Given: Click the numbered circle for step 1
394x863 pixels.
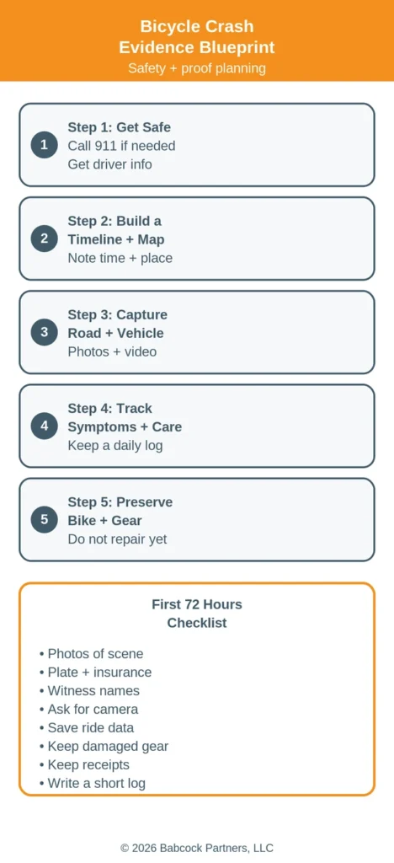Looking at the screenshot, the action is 44,145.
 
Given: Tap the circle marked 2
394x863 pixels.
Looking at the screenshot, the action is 44,239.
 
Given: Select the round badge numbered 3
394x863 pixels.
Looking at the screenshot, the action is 44,332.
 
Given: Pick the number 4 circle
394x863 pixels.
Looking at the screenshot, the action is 44,426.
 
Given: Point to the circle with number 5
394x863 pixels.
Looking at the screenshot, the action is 44,519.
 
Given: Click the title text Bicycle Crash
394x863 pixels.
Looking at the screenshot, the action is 197,26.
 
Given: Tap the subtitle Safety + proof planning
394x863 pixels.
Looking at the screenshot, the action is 197,68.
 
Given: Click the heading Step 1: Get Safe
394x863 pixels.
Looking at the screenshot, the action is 120,127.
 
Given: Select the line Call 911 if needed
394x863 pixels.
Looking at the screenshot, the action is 121,146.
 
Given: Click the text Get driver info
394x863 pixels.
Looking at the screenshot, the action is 110,164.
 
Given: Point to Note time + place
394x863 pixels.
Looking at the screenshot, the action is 120,258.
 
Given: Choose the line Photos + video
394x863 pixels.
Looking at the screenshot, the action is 112,351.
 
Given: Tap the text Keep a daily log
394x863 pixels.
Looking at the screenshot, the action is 115,445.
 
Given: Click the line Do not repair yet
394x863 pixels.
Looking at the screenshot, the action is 117,539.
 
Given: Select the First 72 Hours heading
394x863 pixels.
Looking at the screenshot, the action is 197,604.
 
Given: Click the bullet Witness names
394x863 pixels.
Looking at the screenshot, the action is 89,691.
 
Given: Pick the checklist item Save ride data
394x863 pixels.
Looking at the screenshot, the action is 87,727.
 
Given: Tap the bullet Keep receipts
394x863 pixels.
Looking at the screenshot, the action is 85,764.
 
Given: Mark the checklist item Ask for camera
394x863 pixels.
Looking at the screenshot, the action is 89,709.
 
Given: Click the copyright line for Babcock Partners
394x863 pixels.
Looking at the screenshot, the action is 197,848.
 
